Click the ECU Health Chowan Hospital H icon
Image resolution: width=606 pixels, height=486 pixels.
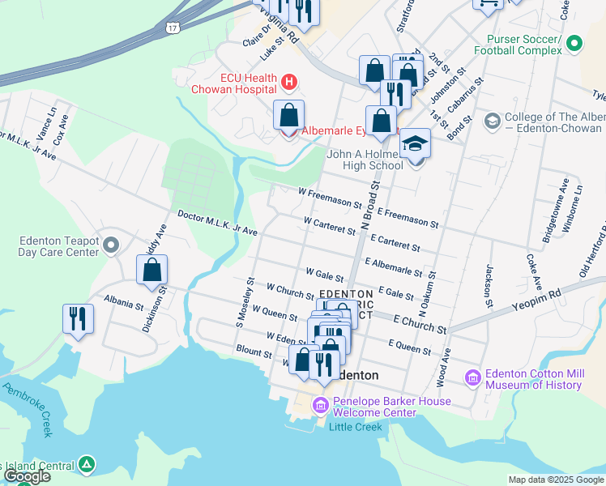pyautogui.click(x=289, y=82)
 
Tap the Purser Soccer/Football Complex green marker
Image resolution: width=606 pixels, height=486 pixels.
pyautogui.click(x=574, y=43)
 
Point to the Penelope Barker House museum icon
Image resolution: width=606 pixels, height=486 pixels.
pyautogui.click(x=321, y=404)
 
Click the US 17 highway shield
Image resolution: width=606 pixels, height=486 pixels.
pyautogui.click(x=172, y=27)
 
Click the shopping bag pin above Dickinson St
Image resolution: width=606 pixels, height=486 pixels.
pyautogui.click(x=151, y=270)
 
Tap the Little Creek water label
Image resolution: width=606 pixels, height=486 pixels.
pyautogui.click(x=356, y=427)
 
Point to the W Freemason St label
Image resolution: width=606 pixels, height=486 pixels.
pyautogui.click(x=330, y=197)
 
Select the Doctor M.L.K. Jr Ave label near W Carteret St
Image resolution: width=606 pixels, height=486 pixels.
pyautogui.click(x=217, y=224)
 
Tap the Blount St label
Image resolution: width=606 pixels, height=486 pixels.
pyautogui.click(x=255, y=353)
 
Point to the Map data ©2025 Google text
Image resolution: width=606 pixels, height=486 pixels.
pyautogui.click(x=555, y=480)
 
